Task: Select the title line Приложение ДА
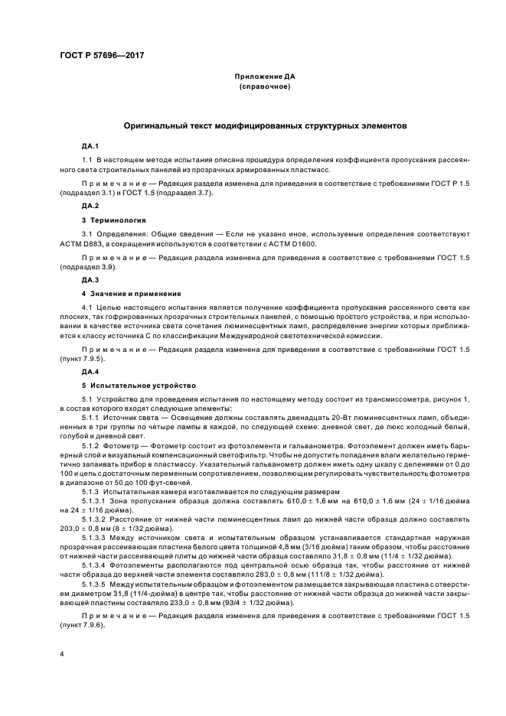pyautogui.click(x=265, y=77)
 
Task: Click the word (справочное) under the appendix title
pyautogui.click(x=265, y=87)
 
